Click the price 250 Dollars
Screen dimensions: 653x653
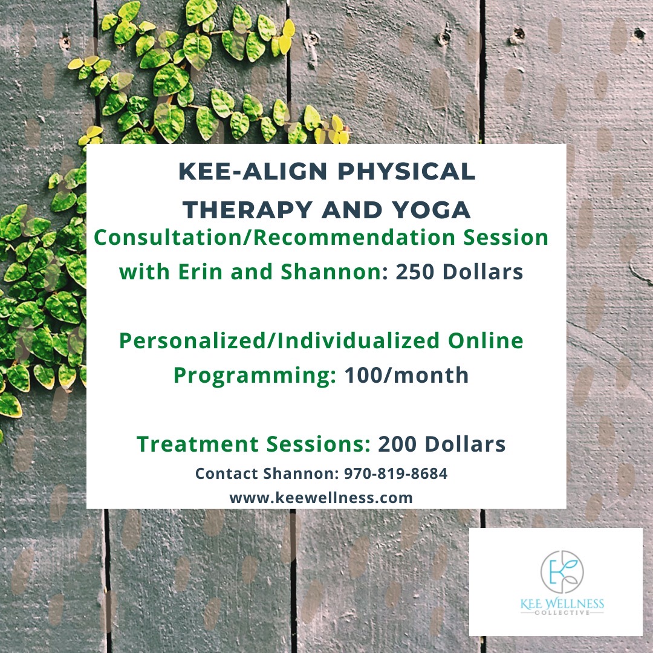[x=460, y=273]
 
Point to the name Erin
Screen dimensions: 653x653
[x=197, y=273]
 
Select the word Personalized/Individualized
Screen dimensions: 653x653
[x=279, y=341]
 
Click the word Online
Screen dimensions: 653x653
[x=486, y=341]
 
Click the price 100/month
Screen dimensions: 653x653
[x=406, y=375]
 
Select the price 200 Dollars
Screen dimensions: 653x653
[x=442, y=444]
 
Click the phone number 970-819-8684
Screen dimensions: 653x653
[x=395, y=474]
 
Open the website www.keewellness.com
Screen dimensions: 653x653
[x=321, y=498]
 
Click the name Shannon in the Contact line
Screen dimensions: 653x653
[x=307, y=474]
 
